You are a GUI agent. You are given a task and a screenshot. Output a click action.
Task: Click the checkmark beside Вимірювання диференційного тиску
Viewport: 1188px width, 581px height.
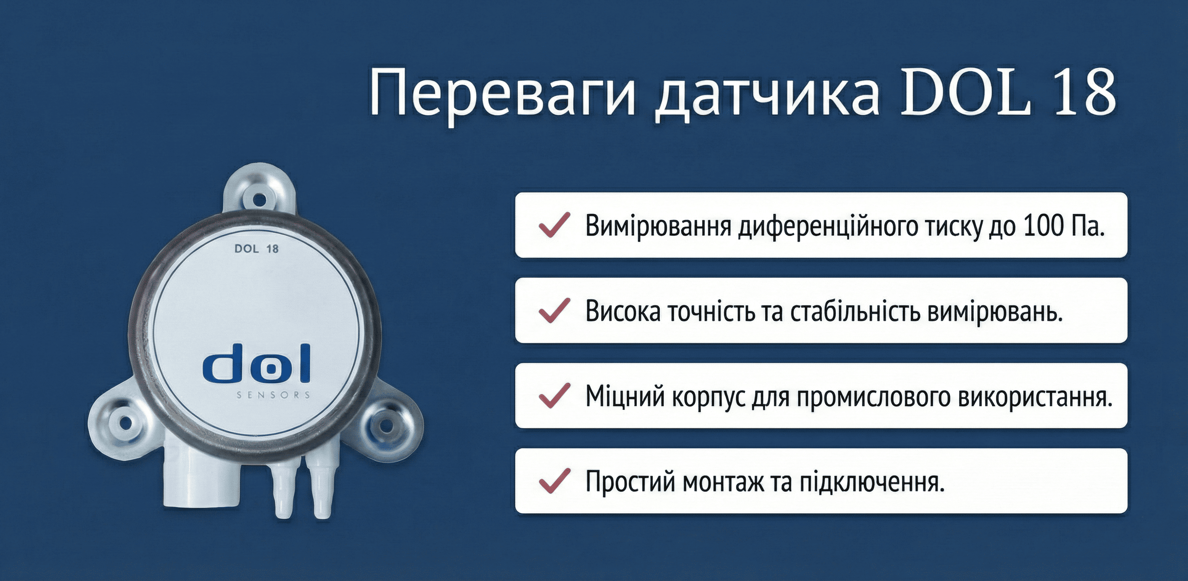click(x=555, y=225)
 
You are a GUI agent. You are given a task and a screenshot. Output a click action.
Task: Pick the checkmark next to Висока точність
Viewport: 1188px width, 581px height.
click(x=555, y=310)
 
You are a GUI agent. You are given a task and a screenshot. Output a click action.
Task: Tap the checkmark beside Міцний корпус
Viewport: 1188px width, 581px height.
click(x=555, y=396)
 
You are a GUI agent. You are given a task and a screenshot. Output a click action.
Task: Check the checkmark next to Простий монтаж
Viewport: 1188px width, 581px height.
click(x=555, y=481)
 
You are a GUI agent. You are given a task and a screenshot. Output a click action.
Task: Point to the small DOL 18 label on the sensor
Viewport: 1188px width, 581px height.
click(x=256, y=249)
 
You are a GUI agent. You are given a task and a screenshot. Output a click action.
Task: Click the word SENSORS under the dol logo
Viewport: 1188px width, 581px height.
click(x=274, y=395)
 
